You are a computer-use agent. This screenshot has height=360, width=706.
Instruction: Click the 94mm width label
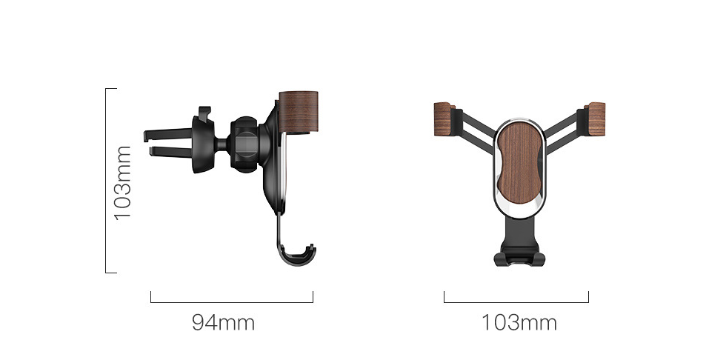coord(223,323)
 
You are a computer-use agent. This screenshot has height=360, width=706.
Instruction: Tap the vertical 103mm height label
coord(122,182)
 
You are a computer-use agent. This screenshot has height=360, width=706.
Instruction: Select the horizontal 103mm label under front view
coord(519,323)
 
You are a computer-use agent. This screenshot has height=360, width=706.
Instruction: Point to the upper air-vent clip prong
coord(167,134)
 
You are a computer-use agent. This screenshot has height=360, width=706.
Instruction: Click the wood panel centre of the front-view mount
coord(519,163)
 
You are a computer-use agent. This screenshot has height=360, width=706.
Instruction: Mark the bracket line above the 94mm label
coord(231,302)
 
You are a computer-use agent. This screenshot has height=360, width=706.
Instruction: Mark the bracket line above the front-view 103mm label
coord(516,302)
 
